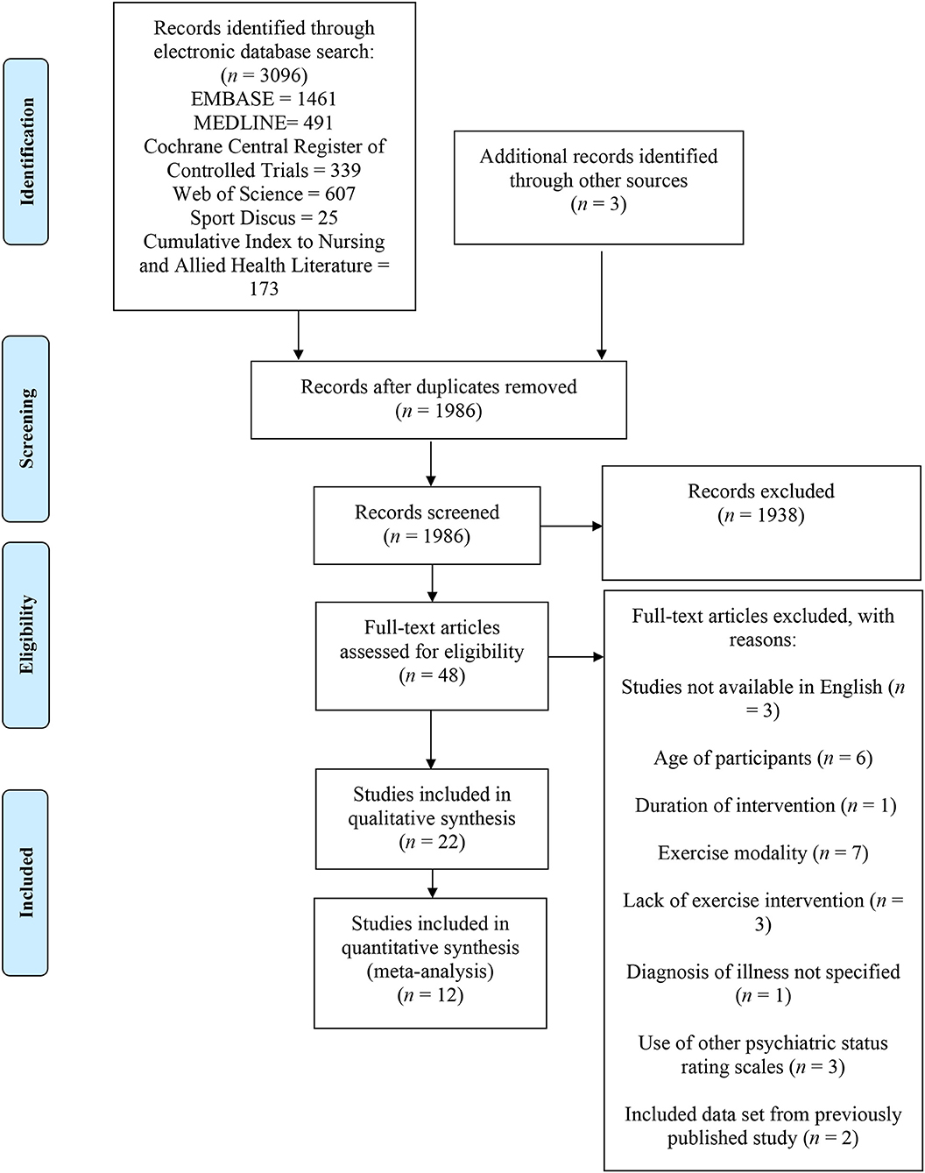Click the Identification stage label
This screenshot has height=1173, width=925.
tap(26, 152)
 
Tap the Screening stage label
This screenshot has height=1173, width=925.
tap(26, 428)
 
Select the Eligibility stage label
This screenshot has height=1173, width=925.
tap(26, 634)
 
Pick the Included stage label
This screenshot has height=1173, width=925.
tap(26, 883)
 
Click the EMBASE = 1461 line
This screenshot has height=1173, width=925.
tap(264, 99)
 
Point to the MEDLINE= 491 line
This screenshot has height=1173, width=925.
tap(264, 123)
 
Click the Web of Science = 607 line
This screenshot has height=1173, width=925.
tap(264, 194)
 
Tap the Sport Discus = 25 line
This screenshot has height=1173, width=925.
tap(264, 217)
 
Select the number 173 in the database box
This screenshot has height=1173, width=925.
tap(264, 288)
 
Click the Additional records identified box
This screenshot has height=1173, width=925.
tap(598, 187)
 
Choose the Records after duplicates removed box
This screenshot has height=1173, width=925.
tap(439, 399)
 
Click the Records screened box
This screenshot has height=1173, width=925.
tap(427, 526)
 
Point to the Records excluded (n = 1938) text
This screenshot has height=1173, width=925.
tap(761, 503)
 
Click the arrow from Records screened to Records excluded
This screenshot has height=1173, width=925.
tap(571, 526)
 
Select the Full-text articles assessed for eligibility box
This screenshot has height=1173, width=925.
tap(432, 656)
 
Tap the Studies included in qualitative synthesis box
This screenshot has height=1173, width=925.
tap(432, 819)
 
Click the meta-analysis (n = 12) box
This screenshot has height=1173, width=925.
tap(430, 963)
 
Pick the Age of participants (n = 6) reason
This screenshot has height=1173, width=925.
tap(763, 758)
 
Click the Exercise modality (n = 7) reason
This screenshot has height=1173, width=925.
tap(763, 853)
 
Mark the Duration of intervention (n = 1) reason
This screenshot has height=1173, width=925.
tap(766, 806)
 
